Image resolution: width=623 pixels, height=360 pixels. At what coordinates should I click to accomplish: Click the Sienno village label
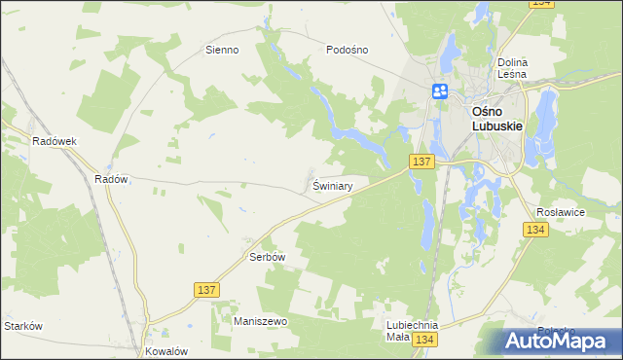point(222,50)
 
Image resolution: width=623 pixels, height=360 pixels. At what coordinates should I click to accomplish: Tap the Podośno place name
point(348,50)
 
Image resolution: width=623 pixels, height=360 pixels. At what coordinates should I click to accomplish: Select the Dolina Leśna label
point(511,67)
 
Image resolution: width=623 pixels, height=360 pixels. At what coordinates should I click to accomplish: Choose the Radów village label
point(111,179)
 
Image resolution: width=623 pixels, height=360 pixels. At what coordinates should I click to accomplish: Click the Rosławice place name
point(560,210)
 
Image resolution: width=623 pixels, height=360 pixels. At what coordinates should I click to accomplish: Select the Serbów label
point(267,258)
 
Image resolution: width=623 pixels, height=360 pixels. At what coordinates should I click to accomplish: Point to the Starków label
point(22,326)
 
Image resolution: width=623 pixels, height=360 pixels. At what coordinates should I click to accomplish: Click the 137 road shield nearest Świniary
point(421,161)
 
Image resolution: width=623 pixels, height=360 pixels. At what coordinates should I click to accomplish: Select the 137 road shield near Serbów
point(205,290)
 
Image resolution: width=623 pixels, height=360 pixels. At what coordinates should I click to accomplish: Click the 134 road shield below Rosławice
point(534,230)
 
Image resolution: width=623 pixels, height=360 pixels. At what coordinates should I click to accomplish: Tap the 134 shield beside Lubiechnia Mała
point(422,340)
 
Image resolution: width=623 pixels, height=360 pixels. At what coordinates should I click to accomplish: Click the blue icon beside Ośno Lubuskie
point(440,91)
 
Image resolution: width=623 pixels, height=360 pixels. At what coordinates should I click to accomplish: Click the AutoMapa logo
point(560,341)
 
